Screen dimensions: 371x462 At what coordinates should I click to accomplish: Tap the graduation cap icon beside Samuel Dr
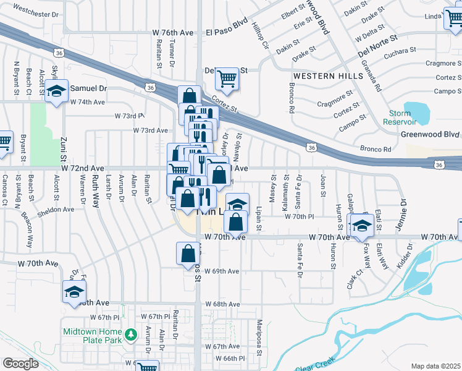(56, 92)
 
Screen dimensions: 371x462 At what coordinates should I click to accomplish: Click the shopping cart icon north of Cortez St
(227, 79)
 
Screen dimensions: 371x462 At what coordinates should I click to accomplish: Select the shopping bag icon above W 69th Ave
(188, 254)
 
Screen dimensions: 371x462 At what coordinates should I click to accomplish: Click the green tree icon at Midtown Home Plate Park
(130, 335)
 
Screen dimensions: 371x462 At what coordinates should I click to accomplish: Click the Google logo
(20, 364)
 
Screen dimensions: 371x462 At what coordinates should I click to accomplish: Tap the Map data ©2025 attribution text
(435, 366)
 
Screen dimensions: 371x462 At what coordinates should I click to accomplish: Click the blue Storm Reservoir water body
(419, 111)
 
